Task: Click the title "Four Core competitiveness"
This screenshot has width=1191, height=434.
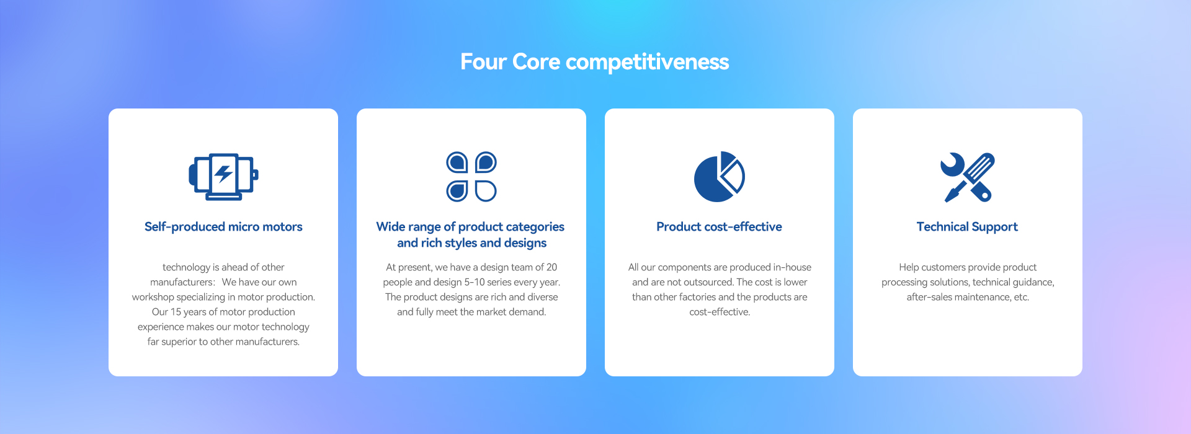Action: (x=595, y=62)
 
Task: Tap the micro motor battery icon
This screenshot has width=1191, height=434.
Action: (x=223, y=177)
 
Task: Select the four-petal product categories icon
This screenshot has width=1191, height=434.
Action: (x=471, y=177)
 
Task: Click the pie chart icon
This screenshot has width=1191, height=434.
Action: (x=720, y=177)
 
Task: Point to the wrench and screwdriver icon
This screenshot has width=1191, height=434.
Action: (x=968, y=177)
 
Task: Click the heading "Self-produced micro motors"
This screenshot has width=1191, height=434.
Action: (x=223, y=227)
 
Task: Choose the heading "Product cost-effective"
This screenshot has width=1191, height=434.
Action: (x=720, y=227)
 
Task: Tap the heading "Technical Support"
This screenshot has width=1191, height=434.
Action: (x=968, y=227)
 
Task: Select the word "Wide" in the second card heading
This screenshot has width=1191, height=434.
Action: (x=391, y=227)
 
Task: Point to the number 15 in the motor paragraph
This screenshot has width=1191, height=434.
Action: (x=176, y=312)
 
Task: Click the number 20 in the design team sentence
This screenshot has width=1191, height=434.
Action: (x=551, y=267)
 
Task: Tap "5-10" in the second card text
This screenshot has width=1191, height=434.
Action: (x=475, y=282)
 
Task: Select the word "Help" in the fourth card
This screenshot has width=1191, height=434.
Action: (x=909, y=267)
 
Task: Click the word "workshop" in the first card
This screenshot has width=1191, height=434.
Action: (x=153, y=297)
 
